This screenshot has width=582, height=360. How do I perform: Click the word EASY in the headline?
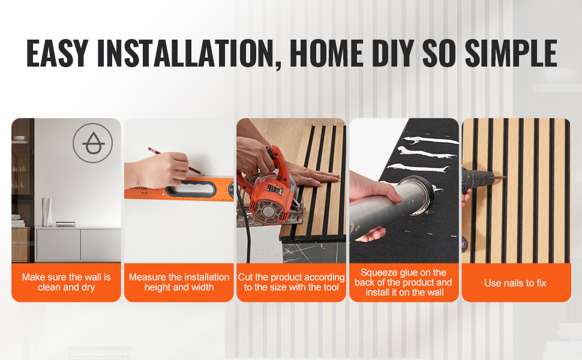coord(57,53)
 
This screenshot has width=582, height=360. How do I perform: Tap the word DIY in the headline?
coord(393,53)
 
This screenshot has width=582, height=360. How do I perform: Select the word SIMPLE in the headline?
coord(511,53)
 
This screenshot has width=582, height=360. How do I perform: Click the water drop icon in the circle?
coord(93,143)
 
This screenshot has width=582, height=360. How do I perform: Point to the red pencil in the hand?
coord(176,161)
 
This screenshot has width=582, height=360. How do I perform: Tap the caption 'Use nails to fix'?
coord(515,283)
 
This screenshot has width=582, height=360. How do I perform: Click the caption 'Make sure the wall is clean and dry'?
coord(67,282)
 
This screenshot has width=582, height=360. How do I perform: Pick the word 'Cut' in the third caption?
coord(245,277)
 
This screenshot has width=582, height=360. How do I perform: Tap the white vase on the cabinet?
coord(47,212)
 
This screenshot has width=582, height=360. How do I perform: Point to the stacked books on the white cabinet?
coord(65,224)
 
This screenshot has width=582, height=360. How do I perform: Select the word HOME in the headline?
coord(326,53)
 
